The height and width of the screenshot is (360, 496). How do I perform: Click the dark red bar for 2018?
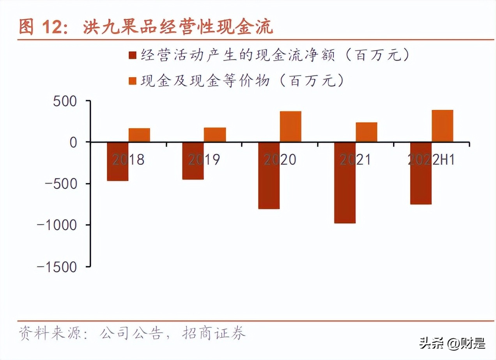117,161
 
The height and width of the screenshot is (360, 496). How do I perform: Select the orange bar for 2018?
139,135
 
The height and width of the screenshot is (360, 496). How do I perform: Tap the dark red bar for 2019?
193,161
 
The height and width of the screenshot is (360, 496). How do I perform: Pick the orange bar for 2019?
214,134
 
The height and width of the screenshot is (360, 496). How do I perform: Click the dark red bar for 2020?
269,175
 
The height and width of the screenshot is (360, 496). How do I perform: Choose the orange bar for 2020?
290,127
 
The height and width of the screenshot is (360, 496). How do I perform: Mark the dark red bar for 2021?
345,182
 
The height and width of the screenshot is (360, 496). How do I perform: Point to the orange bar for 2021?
366,132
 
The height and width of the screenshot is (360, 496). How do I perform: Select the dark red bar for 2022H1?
420,173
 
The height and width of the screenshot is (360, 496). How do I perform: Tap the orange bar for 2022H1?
442,126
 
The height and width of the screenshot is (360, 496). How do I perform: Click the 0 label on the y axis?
74,142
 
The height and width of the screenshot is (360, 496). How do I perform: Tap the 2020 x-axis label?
280,160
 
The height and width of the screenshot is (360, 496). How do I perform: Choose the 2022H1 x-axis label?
431,160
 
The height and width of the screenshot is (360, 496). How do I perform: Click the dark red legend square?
133,56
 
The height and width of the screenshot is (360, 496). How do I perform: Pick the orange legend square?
133,81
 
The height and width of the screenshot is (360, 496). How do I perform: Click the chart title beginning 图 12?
146,28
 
